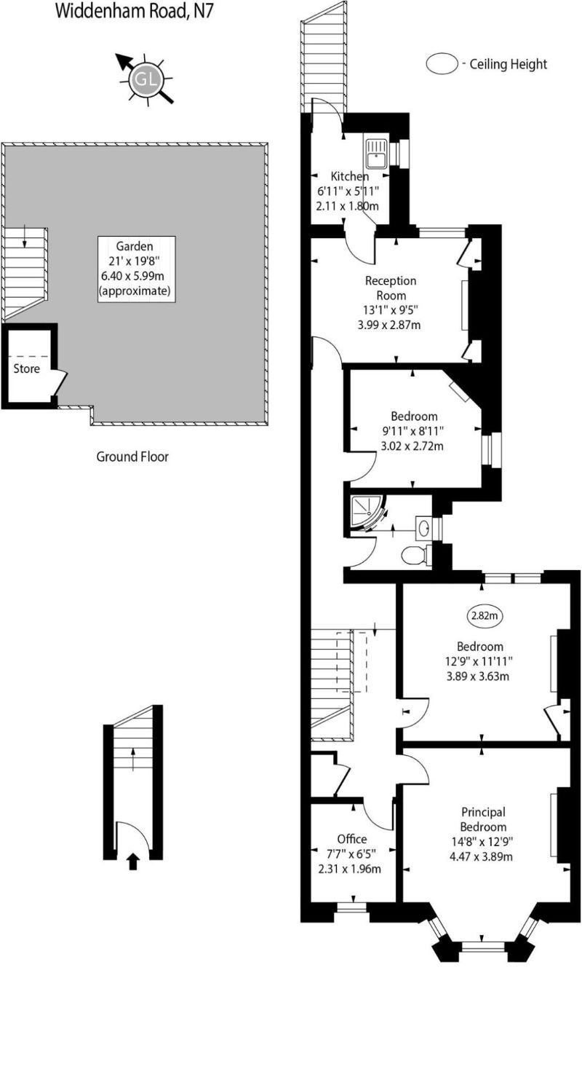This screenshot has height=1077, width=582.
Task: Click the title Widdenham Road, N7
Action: tap(135, 11)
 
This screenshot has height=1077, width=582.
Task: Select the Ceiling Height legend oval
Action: tap(442, 64)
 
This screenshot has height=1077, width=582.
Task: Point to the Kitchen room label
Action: tap(350, 176)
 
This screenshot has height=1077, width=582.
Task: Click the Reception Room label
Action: tap(390, 288)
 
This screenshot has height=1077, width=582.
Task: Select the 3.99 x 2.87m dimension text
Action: tap(390, 325)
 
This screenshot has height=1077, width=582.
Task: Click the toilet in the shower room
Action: tap(415, 555)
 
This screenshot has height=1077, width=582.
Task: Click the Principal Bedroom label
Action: tap(483, 819)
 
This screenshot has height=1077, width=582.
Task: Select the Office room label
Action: tap(352, 840)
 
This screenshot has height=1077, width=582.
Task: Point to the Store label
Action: tap(27, 368)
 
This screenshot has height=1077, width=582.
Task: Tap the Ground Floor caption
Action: tap(132, 457)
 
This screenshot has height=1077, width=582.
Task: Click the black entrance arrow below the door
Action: tap(132, 862)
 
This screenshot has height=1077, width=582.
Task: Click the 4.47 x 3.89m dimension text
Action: tap(483, 856)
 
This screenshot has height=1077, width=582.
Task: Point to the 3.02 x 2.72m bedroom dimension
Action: tap(412, 446)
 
